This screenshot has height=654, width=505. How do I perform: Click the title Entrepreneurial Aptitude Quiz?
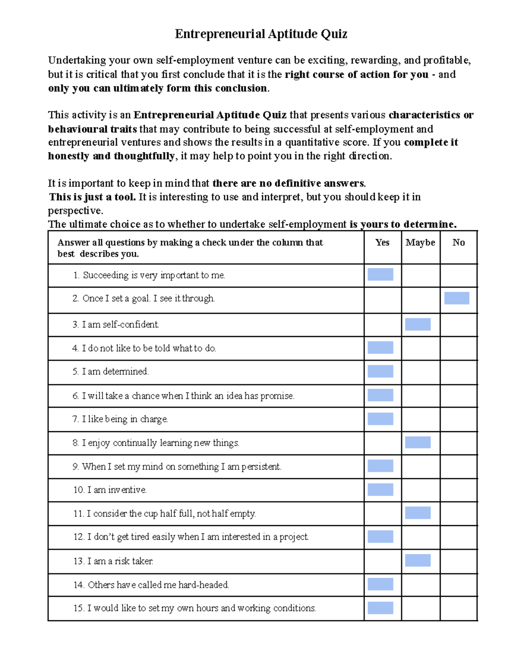[x=261, y=34]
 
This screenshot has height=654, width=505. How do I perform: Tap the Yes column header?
[x=382, y=243]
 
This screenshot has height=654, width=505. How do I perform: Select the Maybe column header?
[x=420, y=243]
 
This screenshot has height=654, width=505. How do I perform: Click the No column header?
[x=458, y=243]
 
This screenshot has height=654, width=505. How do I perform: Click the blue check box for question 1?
[x=380, y=275]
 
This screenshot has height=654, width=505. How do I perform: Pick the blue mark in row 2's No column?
[x=457, y=298]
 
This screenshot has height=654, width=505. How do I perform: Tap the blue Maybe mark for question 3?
[x=418, y=324]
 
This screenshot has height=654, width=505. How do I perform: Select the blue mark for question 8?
[x=418, y=442]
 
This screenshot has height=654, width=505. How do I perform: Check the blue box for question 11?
[x=418, y=513]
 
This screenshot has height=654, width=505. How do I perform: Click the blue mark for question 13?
[x=418, y=561]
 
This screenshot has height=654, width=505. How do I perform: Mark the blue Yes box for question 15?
[x=380, y=608]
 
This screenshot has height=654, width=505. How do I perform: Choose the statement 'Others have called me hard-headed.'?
[x=151, y=585]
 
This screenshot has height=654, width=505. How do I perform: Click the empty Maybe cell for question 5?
[x=420, y=372]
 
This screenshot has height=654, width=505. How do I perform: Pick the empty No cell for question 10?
[x=459, y=490]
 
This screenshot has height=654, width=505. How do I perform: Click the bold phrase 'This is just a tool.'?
[x=92, y=197]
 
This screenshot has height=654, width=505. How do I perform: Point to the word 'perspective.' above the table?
[x=75, y=211]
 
